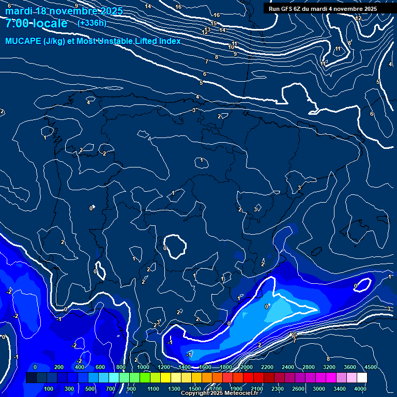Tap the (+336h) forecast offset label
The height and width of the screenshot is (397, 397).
[92, 23]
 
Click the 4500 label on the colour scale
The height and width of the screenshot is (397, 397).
[370, 367]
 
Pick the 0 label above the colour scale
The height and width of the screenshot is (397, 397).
[35, 367]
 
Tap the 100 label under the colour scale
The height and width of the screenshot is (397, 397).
[49, 389]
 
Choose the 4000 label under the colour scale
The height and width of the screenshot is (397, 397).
[361, 389]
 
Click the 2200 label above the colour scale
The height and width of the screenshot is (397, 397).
[267, 367]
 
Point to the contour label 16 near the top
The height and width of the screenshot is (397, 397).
[179, 7]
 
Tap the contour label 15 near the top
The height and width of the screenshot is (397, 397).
[213, 23]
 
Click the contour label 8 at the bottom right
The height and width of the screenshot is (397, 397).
[328, 359]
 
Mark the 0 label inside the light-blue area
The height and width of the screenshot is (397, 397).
[267, 307]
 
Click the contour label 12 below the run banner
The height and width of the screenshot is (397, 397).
[358, 18]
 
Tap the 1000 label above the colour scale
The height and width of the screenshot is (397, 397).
[143, 367]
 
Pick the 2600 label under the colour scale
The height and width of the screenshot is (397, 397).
[298, 389]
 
